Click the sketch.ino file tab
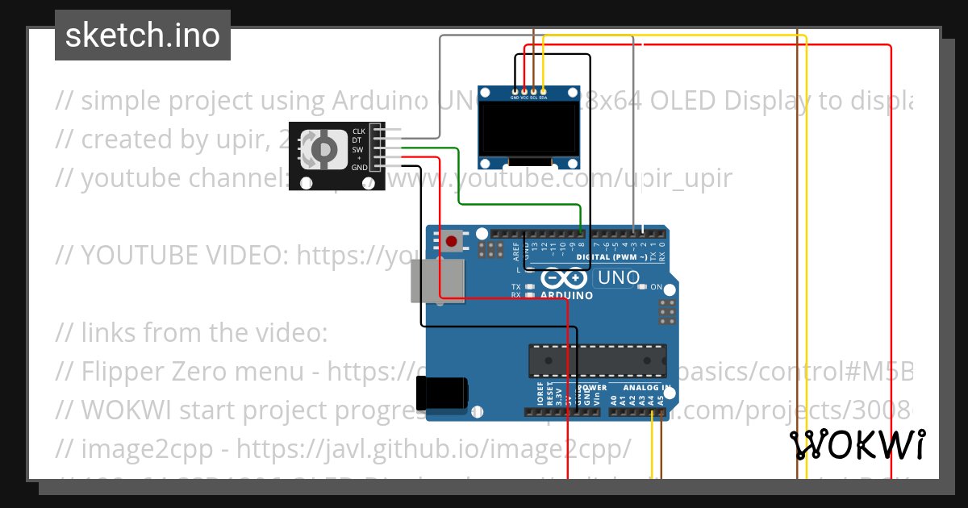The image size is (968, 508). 142,35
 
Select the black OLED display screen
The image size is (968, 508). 528,130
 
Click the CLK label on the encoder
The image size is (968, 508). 359,131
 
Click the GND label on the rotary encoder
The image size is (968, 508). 359,168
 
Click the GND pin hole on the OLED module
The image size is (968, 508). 515,90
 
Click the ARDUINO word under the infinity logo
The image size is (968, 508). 566,296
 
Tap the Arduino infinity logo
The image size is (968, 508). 565,278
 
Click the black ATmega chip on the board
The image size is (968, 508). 598,360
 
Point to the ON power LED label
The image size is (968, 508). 657,287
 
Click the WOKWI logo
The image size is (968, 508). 857,444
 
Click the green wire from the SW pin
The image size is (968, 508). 458,177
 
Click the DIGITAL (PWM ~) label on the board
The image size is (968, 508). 611,257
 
